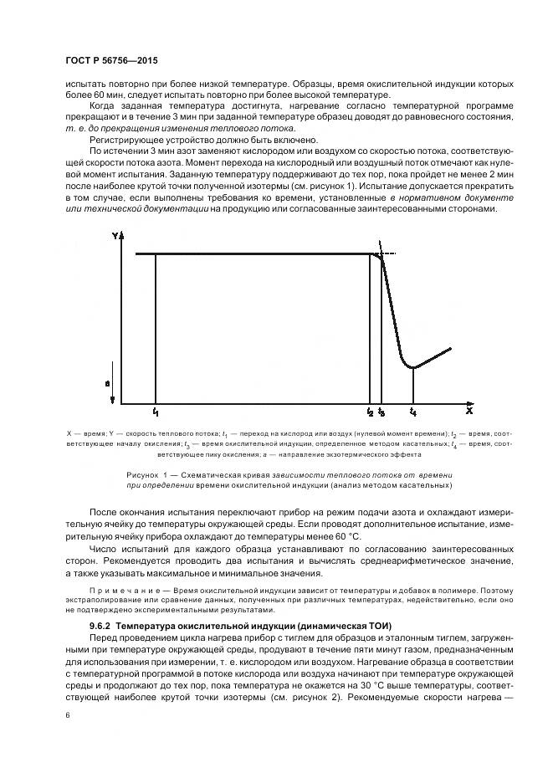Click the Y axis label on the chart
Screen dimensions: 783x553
(x=114, y=238)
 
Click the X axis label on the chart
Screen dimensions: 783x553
(x=469, y=411)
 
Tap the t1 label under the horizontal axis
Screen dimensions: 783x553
(x=156, y=412)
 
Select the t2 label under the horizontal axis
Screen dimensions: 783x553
(x=370, y=412)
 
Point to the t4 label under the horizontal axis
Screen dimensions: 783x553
(x=412, y=412)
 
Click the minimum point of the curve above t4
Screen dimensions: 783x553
(x=412, y=367)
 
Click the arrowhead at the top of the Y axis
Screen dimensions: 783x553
(x=124, y=235)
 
